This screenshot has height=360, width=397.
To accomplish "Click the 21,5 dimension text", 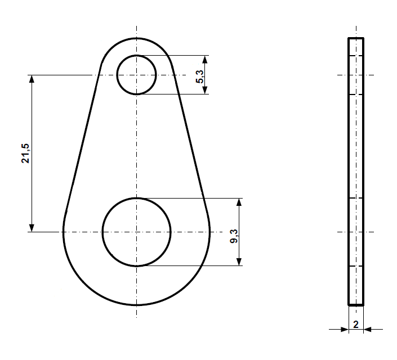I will tap(25, 153).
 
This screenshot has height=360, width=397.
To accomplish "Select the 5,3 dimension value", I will tap(200, 74).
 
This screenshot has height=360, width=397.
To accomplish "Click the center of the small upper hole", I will tap(136, 75).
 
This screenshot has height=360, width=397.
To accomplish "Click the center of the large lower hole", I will tap(136, 232).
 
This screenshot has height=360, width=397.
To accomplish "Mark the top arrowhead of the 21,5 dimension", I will tap(32, 79).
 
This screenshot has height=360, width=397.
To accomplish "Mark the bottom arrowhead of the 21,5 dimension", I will tap(32, 227).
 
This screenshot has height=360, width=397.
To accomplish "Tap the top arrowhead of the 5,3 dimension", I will tap(205, 59).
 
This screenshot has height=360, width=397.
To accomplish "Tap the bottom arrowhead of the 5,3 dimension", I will tap(205, 90).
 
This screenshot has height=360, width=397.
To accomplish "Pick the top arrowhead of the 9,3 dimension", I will tap(239, 202).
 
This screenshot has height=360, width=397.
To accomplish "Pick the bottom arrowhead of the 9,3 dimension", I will tap(239, 261).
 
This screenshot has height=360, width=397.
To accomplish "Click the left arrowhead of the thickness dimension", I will tap(344, 329).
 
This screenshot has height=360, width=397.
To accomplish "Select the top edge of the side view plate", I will tap(356, 38).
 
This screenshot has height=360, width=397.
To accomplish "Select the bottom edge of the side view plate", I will tap(356, 305).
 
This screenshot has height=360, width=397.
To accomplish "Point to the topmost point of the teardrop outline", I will tap(136, 38).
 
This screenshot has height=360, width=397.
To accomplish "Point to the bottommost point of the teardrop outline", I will tap(136, 305).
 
